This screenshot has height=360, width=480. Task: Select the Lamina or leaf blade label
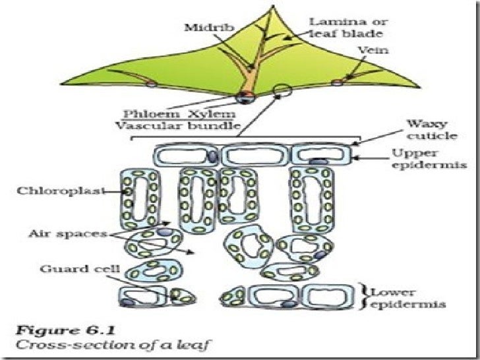coord(342,27)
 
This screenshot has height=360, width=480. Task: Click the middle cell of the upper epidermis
coord(254,156)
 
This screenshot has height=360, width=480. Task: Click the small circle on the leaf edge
coord(282,89)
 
